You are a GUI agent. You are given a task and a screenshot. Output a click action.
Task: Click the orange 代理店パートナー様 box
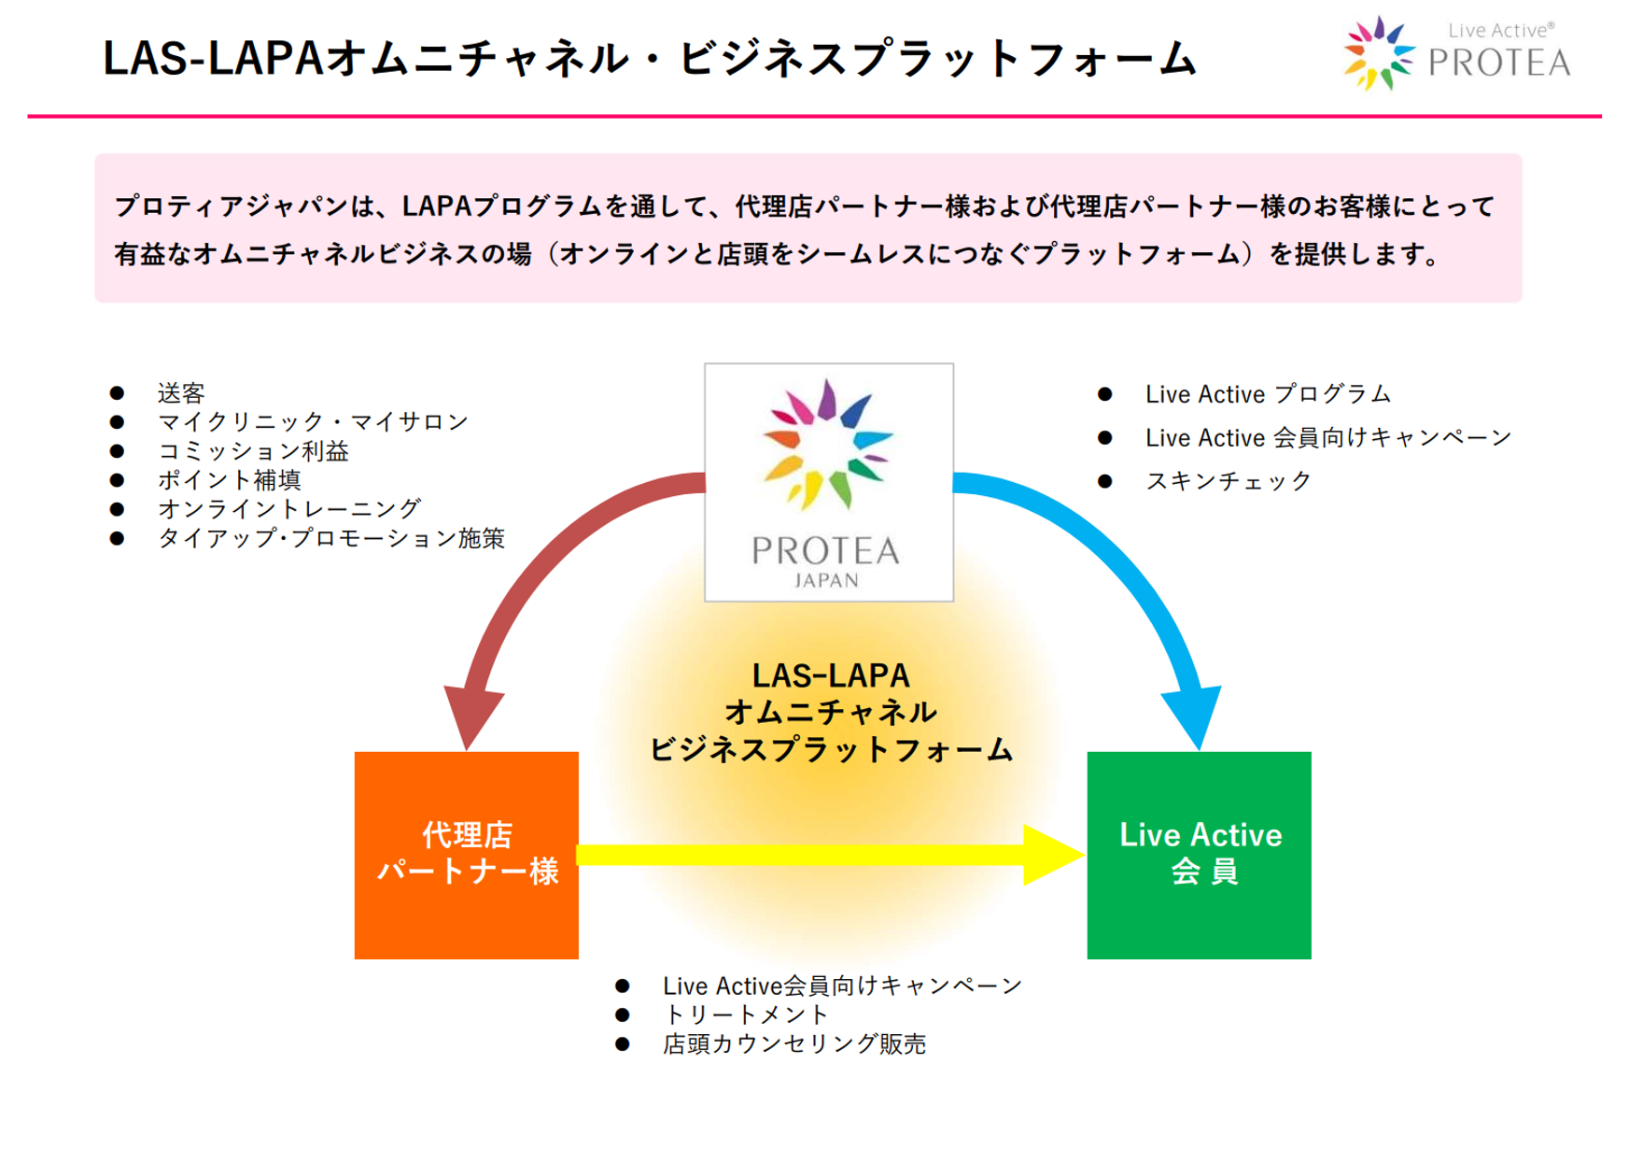coord(466,854)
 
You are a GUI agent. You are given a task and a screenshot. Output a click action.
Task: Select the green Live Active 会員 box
coord(1199,854)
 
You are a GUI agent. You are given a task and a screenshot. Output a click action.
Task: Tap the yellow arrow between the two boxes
coord(822,855)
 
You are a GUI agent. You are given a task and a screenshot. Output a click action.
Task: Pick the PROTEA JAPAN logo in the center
coord(828,482)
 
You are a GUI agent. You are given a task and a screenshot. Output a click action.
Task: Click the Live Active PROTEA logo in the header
coord(1456,54)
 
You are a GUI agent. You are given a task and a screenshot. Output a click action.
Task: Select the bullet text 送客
coord(181,393)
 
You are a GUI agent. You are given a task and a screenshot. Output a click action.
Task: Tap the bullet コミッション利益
coord(253,451)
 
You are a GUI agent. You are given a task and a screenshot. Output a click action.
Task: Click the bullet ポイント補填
coord(230,480)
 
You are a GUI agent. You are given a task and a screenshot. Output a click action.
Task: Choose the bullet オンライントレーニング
coord(289,509)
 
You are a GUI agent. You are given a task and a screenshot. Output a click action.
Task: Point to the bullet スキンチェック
coord(1229,481)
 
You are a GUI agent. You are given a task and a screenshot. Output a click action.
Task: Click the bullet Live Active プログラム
coord(1268,394)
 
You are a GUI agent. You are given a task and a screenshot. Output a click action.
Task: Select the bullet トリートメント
coord(745,1014)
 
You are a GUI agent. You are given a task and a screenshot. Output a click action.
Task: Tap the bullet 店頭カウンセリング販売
coord(793,1043)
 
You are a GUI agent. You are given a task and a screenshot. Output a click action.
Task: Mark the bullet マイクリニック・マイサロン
coord(313,422)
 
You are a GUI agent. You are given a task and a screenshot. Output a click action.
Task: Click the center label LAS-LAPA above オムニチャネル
coord(830,675)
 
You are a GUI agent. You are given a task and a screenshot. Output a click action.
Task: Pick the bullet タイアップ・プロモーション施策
coord(330,538)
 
